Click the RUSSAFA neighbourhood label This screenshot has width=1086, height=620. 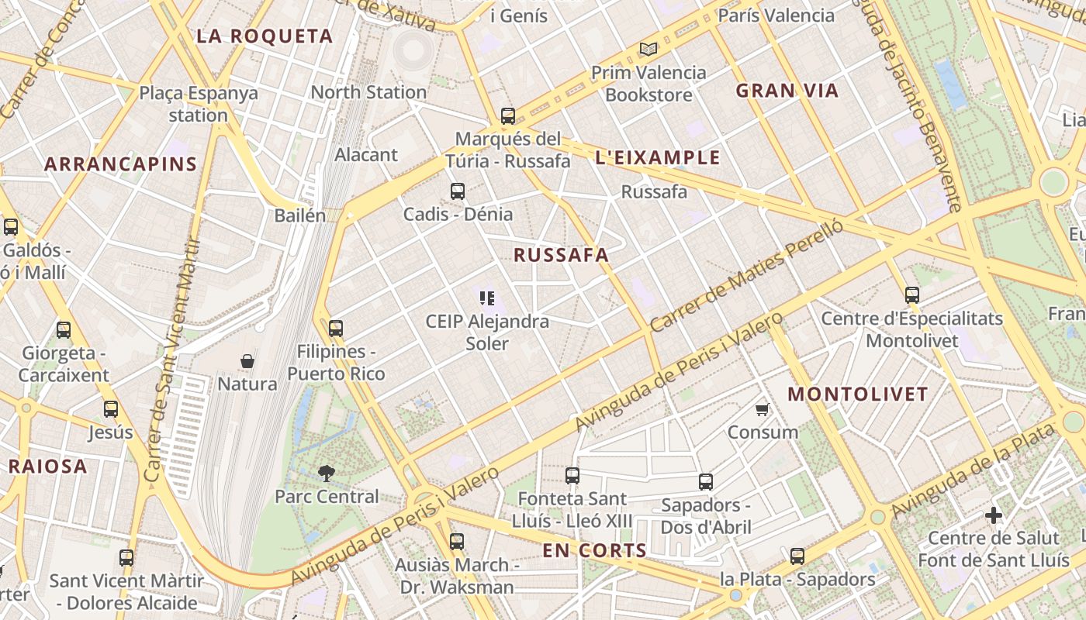[560, 255]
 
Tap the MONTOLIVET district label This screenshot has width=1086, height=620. [858, 394]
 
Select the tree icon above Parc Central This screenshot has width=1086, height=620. [327, 473]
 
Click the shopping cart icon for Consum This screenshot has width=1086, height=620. [763, 409]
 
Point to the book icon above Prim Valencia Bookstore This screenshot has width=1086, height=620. [648, 50]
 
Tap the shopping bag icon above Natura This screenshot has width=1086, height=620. [247, 361]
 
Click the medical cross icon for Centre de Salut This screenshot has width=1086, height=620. [994, 515]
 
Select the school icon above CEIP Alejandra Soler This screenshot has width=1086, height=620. [487, 298]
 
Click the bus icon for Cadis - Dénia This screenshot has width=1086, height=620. [458, 191]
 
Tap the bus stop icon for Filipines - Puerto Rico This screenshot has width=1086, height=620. [336, 329]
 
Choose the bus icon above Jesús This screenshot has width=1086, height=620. [111, 409]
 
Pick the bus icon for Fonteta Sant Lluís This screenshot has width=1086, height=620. [572, 476]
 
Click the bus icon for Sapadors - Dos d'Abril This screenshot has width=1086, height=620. [706, 482]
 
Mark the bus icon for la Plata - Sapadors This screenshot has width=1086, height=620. [797, 556]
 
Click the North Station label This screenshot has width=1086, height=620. [368, 91]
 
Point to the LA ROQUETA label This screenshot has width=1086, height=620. [265, 36]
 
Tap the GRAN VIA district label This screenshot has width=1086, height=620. [787, 91]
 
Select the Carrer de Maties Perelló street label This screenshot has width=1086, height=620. [746, 276]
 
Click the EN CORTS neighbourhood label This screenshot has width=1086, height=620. [594, 550]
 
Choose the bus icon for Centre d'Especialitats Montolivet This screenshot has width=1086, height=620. [912, 295]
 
